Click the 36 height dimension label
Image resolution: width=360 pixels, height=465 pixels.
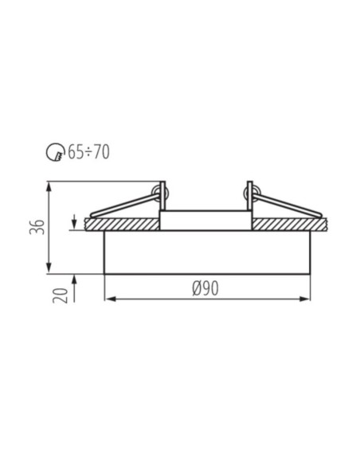[x=37, y=227]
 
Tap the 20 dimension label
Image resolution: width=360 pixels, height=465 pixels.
[x=61, y=295]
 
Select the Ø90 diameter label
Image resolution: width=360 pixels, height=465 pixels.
[x=205, y=288]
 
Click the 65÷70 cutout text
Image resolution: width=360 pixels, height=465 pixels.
[x=88, y=152]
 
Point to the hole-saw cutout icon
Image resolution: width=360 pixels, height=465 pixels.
[x=55, y=152]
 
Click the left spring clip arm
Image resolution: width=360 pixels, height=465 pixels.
[x=124, y=205]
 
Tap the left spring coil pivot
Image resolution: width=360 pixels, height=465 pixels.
[x=159, y=193]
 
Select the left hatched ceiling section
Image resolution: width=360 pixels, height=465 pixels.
[x=122, y=225]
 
